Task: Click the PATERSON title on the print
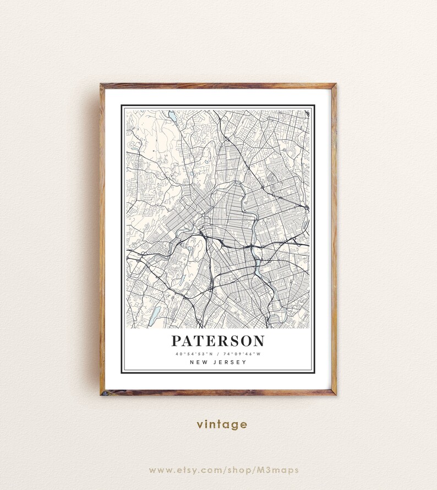coord(217,341)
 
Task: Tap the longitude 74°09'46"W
coord(241,353)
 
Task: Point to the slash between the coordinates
coord(218,353)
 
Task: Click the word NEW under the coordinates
coord(199,362)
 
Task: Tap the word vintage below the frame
coord(222,425)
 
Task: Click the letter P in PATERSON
coord(176,341)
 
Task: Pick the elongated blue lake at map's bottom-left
coord(155,314)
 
